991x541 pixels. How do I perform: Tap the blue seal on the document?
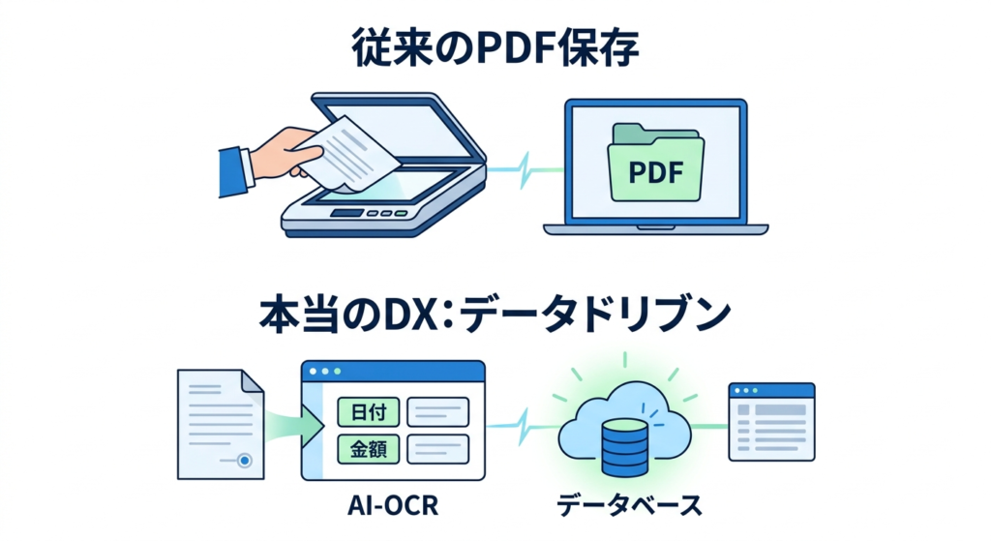point(245,461)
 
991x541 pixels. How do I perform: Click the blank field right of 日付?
point(437,412)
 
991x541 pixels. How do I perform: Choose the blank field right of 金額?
point(437,448)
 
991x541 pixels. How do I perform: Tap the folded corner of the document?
point(253,381)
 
